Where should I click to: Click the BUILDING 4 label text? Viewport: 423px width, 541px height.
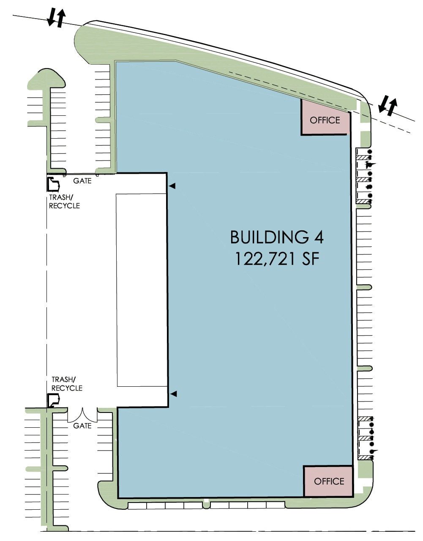point(276,237)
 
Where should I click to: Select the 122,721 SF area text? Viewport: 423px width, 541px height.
point(276,259)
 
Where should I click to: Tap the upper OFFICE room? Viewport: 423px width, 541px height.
point(325,120)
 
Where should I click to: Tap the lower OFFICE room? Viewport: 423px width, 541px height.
point(329,481)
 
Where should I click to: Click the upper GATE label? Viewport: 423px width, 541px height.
point(82,181)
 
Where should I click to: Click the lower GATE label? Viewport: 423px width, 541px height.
point(82,426)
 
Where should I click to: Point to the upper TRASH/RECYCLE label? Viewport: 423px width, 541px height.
point(64,202)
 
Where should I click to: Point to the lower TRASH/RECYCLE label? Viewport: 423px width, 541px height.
point(66,384)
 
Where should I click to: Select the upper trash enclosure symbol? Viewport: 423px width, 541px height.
point(53,184)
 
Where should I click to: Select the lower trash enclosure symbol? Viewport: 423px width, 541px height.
point(53,400)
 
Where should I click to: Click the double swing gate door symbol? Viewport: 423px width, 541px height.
point(82,415)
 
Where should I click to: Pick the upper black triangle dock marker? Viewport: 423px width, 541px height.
point(172,186)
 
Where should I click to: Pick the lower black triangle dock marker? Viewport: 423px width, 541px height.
point(173,394)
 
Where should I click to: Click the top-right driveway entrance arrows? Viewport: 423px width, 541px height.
point(388,105)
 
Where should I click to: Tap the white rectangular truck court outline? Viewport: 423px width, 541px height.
point(141,290)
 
